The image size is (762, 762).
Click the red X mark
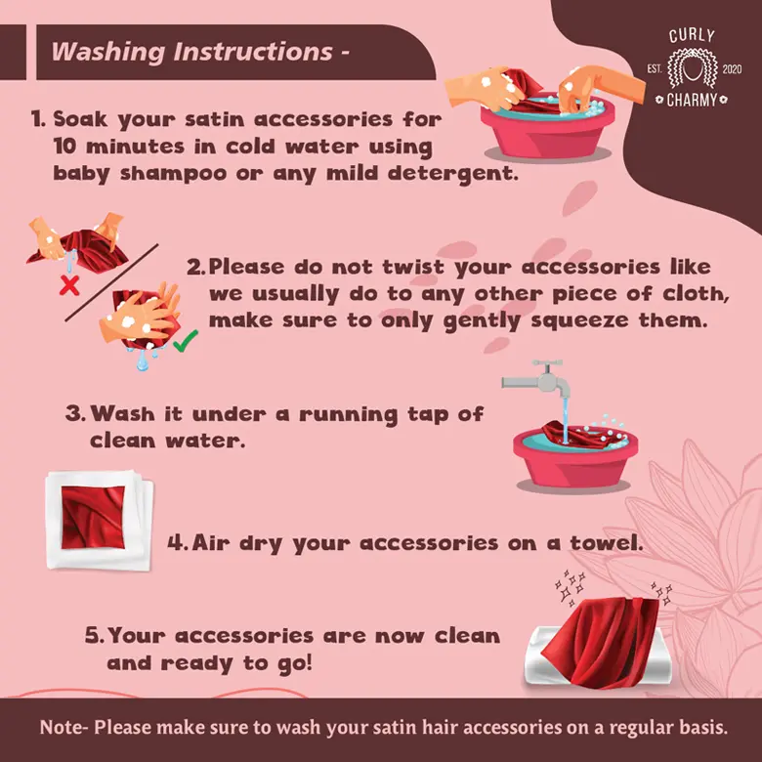tap(69, 285)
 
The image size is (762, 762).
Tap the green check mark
tap(186, 341)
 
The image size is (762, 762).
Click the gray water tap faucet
tap(538, 379)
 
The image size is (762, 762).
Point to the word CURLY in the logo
tap(692, 36)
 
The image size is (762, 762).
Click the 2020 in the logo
tap(732, 69)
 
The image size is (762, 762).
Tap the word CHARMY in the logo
tap(692, 100)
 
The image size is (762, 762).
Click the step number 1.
tap(38, 119)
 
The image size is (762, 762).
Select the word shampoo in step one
tap(174, 173)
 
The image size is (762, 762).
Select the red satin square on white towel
tap(93, 517)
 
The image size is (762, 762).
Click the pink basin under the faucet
tap(574, 459)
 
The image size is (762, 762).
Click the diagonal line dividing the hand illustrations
tap(111, 282)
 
